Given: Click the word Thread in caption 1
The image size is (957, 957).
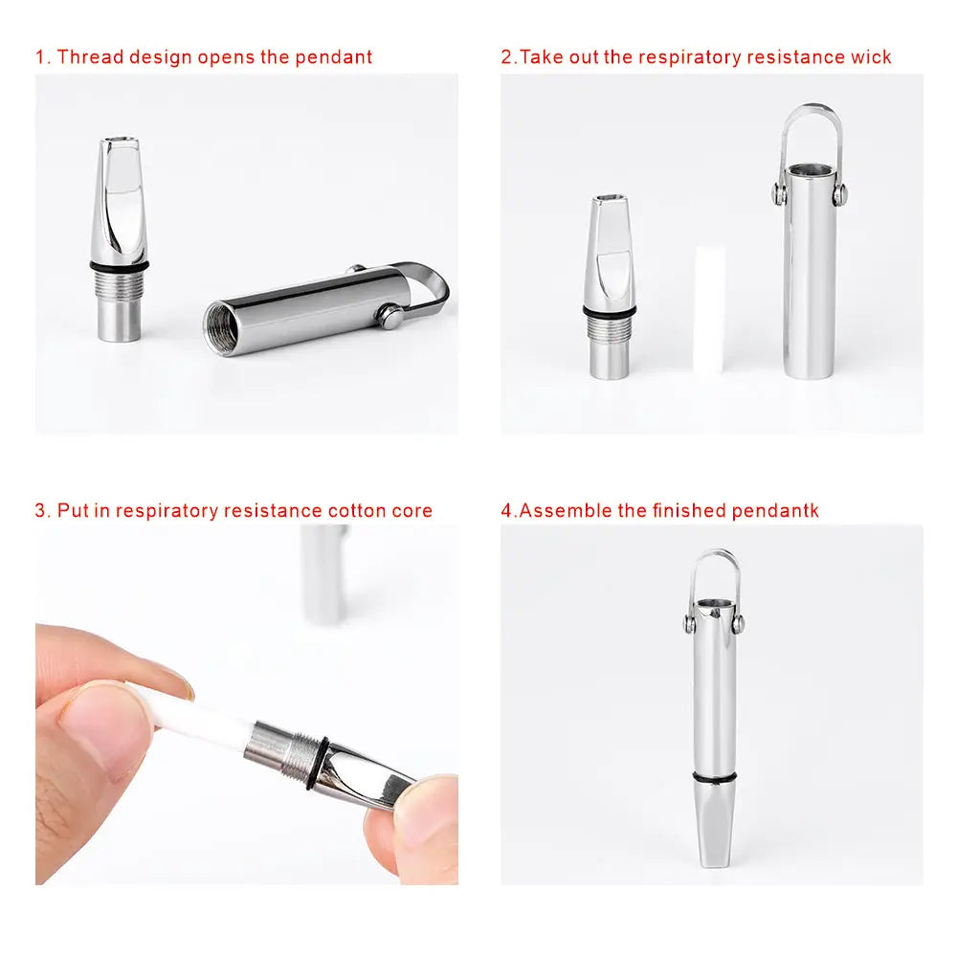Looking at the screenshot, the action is [90, 56].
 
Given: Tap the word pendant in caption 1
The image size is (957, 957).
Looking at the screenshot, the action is [333, 57].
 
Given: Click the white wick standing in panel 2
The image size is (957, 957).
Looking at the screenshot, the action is [708, 309].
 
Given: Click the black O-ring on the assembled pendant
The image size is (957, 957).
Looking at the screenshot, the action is [714, 777].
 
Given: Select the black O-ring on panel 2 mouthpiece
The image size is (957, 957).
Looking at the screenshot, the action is [610, 311].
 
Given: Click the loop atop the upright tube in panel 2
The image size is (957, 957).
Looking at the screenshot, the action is [812, 109].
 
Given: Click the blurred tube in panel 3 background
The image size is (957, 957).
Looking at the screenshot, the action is [324, 573].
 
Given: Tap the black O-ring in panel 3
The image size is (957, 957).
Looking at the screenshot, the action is [316, 764].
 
